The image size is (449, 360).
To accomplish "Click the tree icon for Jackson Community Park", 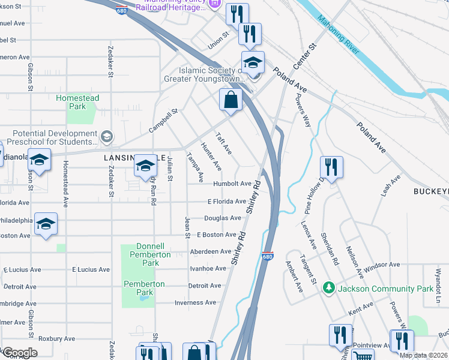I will [x=328, y=289].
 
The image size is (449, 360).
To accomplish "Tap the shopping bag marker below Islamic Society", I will [x=231, y=100].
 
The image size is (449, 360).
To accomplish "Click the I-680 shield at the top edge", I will [x=122, y=10].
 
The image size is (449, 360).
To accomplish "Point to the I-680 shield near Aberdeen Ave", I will [x=268, y=256].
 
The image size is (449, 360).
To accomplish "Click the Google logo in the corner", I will [x=20, y=353].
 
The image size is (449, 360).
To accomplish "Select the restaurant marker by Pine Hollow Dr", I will [x=331, y=167].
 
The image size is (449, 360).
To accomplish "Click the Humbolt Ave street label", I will [x=232, y=184].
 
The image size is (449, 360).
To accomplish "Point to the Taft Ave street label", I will [x=223, y=143].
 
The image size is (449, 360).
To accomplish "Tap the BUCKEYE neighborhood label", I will [x=430, y=191].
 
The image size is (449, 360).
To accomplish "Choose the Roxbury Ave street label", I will [x=56, y=338].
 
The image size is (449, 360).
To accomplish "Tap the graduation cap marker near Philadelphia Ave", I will [x=46, y=224].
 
